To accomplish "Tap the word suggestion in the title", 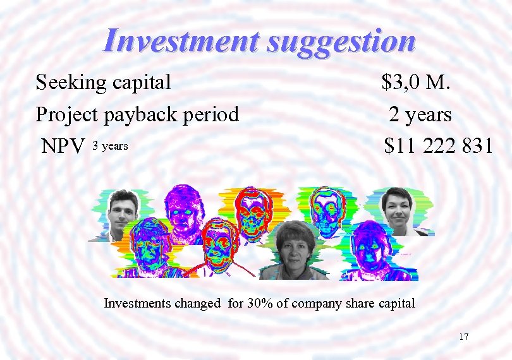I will pyautogui.click(x=341, y=42).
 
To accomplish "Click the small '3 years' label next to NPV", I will pyautogui.click(x=110, y=147).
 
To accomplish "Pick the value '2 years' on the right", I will pyautogui.click(x=420, y=114).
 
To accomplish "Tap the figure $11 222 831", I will pyautogui.click(x=438, y=147).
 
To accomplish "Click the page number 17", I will pyautogui.click(x=463, y=337).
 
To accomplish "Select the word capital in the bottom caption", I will pyautogui.click(x=397, y=303).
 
